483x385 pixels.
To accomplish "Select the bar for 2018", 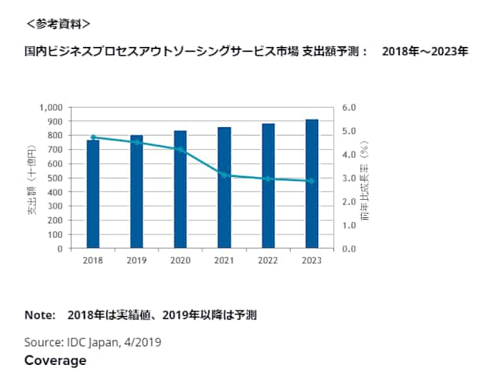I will (x=93, y=194).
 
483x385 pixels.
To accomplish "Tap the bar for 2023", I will (x=311, y=184).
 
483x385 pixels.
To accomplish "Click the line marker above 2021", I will (x=224, y=175).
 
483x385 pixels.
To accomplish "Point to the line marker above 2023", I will (x=311, y=181).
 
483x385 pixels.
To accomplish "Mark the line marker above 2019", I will (x=136, y=142).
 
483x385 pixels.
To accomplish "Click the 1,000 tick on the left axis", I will (x=52, y=108).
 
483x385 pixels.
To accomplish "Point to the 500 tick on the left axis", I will (x=56, y=178).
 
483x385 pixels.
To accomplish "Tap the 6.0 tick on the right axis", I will (x=349, y=108).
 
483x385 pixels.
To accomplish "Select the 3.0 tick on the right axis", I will (x=349, y=178).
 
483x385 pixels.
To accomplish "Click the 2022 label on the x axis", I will (x=267, y=261).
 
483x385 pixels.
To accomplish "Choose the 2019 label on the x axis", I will (x=136, y=261).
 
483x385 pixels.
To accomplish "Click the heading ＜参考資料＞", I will (x=58, y=24).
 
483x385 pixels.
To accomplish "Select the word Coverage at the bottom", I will (x=55, y=361).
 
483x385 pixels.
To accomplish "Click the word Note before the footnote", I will (x=39, y=315).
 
